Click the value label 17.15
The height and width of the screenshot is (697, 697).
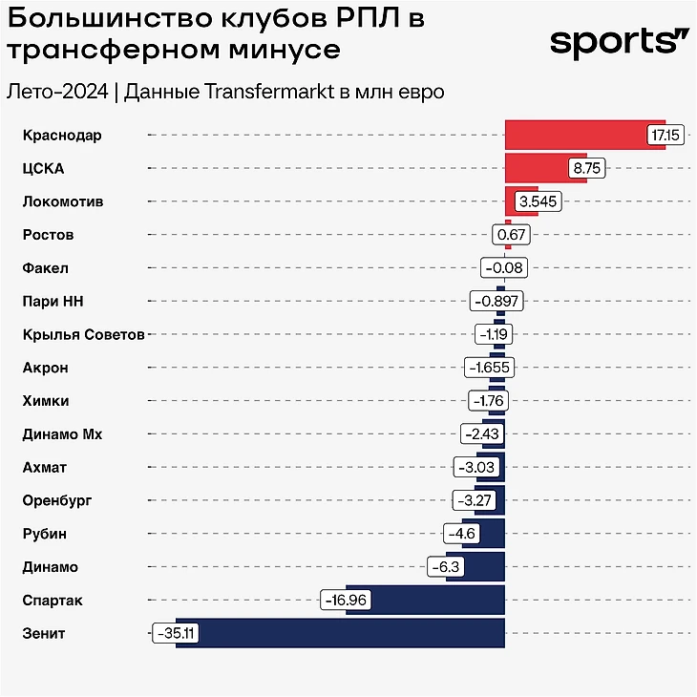click(x=664, y=136)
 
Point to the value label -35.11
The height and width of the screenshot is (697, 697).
click(x=174, y=633)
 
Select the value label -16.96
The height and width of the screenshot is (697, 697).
click(x=346, y=600)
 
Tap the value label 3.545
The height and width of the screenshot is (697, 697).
click(x=538, y=201)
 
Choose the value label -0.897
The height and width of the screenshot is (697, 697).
click(x=497, y=301)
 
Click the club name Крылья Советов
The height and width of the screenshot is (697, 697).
click(x=83, y=334)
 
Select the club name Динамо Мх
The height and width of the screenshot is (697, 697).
click(x=62, y=434)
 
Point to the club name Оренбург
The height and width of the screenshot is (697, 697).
click(x=57, y=500)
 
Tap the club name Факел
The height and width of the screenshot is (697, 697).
click(x=45, y=268)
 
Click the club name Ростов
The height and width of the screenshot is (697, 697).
click(x=48, y=235)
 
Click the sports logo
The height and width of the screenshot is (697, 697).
click(x=619, y=42)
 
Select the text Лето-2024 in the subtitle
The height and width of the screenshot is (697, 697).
click(x=56, y=93)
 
